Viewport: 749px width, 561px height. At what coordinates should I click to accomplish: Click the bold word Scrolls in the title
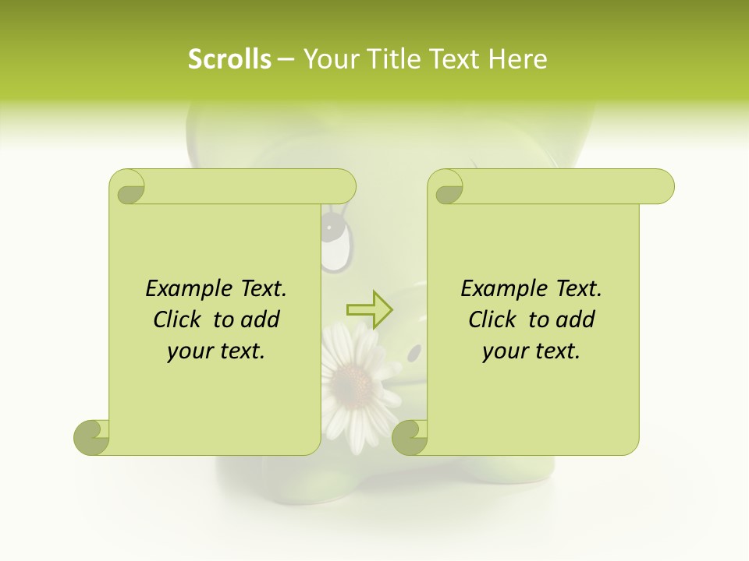(x=229, y=59)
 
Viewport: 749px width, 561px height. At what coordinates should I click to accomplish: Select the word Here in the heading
(x=518, y=59)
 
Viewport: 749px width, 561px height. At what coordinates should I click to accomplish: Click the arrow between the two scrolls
(x=369, y=309)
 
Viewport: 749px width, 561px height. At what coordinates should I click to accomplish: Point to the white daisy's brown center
(x=352, y=381)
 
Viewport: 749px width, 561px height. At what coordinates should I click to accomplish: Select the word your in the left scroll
(x=188, y=352)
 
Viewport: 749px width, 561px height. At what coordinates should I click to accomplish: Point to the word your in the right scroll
(x=503, y=352)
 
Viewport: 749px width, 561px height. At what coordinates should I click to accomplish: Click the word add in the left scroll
(x=261, y=320)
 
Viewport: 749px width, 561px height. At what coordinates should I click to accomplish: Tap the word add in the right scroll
(x=577, y=320)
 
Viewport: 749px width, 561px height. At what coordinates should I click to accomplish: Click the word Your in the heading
(x=328, y=59)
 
